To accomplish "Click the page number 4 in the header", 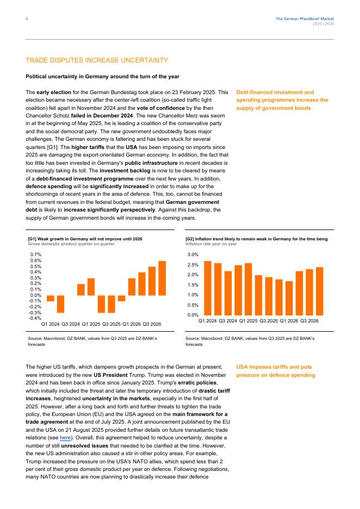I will tap(27, 19).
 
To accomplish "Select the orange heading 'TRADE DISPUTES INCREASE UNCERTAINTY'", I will tap(97, 60).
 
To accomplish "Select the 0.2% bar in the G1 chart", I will tap(81, 290).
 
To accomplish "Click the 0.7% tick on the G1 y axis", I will tap(36, 254).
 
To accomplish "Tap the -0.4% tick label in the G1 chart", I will tap(35, 319).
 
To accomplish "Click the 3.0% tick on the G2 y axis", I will tap(193, 254).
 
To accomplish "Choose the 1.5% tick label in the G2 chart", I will tap(193, 285).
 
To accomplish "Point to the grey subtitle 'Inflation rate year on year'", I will tap(211, 244).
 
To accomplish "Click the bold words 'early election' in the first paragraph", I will tap(52, 92).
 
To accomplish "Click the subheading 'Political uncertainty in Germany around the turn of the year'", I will tap(103, 76).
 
